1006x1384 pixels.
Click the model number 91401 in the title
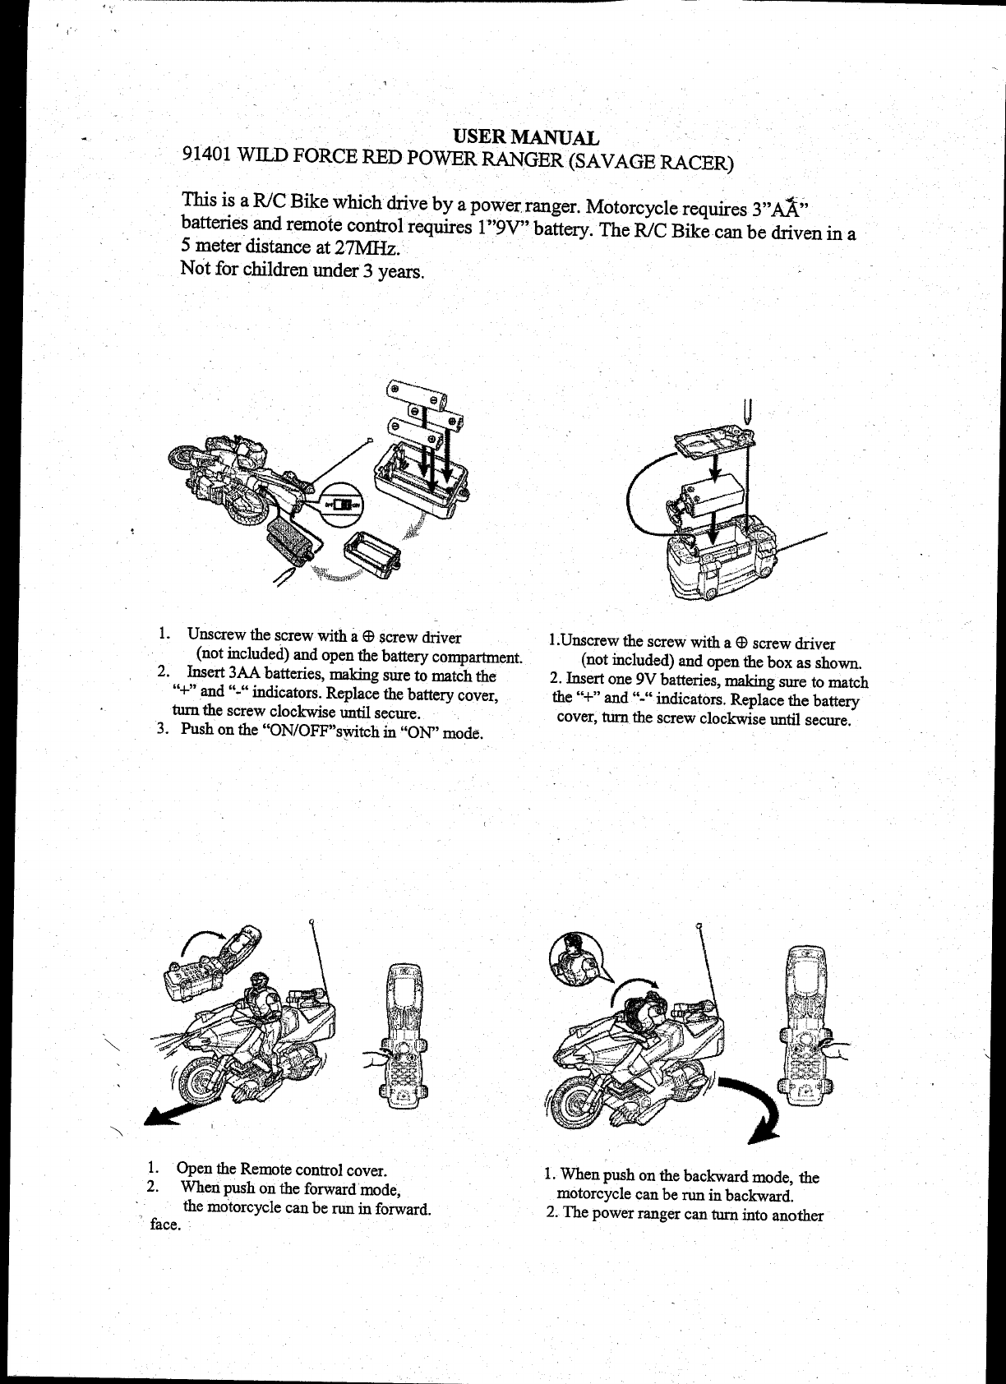pos(205,155)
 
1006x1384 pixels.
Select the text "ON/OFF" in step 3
pos(296,731)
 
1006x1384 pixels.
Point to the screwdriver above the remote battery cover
pos(749,409)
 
